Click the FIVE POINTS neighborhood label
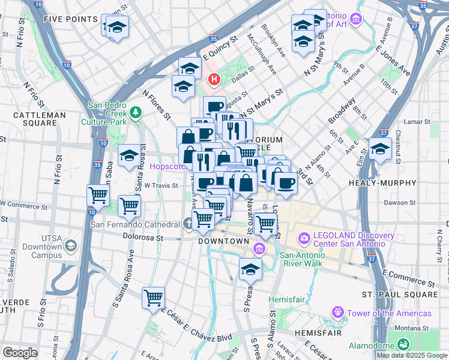[x=71, y=19]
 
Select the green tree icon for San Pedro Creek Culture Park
[x=136, y=112]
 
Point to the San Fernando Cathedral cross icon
[x=188, y=224]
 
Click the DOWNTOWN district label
[x=223, y=241]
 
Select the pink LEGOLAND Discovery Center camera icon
[x=304, y=239]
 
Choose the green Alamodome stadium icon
[x=403, y=344]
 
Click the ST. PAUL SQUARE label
[x=400, y=295]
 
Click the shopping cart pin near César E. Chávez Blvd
[x=154, y=297]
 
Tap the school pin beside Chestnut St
[x=380, y=149]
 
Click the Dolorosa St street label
[x=143, y=238]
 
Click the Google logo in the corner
[x=20, y=352]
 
